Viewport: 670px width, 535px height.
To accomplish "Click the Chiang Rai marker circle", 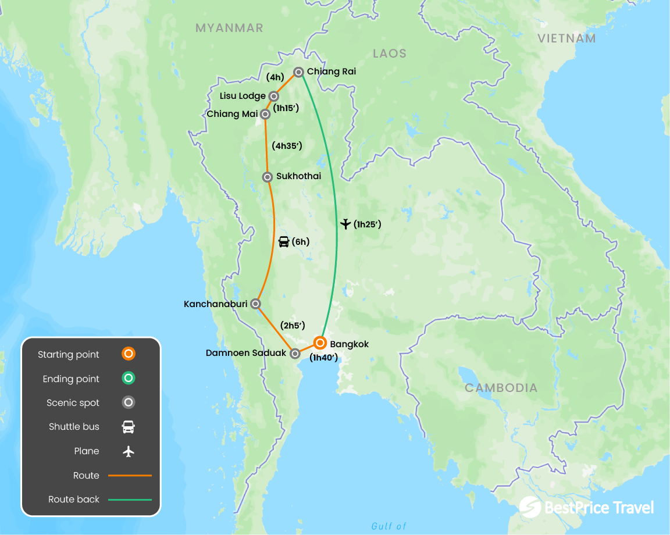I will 298,72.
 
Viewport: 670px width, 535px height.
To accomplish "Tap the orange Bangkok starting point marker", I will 320,343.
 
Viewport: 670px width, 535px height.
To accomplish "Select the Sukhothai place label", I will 298,176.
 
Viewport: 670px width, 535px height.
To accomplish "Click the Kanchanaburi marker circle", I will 255,304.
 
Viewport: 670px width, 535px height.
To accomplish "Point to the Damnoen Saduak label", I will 246,353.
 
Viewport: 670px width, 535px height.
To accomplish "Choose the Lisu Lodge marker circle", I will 273,96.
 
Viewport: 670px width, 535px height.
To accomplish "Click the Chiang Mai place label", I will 232,114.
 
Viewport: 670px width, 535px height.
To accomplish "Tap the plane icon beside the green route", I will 345,224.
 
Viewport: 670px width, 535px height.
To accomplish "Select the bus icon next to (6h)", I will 284,242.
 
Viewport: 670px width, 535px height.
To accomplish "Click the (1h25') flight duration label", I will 367,224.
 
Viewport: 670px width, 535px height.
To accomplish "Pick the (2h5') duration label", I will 293,326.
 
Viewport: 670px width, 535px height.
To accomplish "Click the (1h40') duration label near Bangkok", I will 323,358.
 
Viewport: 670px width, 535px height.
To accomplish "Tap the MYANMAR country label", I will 229,28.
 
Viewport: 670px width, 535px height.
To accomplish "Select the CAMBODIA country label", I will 501,388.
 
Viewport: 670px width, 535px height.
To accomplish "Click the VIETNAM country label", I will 566,38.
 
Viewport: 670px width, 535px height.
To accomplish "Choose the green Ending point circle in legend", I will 129,379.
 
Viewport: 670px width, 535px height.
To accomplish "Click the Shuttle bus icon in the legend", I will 129,427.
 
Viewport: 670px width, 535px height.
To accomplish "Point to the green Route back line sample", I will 129,500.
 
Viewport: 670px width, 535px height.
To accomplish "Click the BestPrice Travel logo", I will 586,508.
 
